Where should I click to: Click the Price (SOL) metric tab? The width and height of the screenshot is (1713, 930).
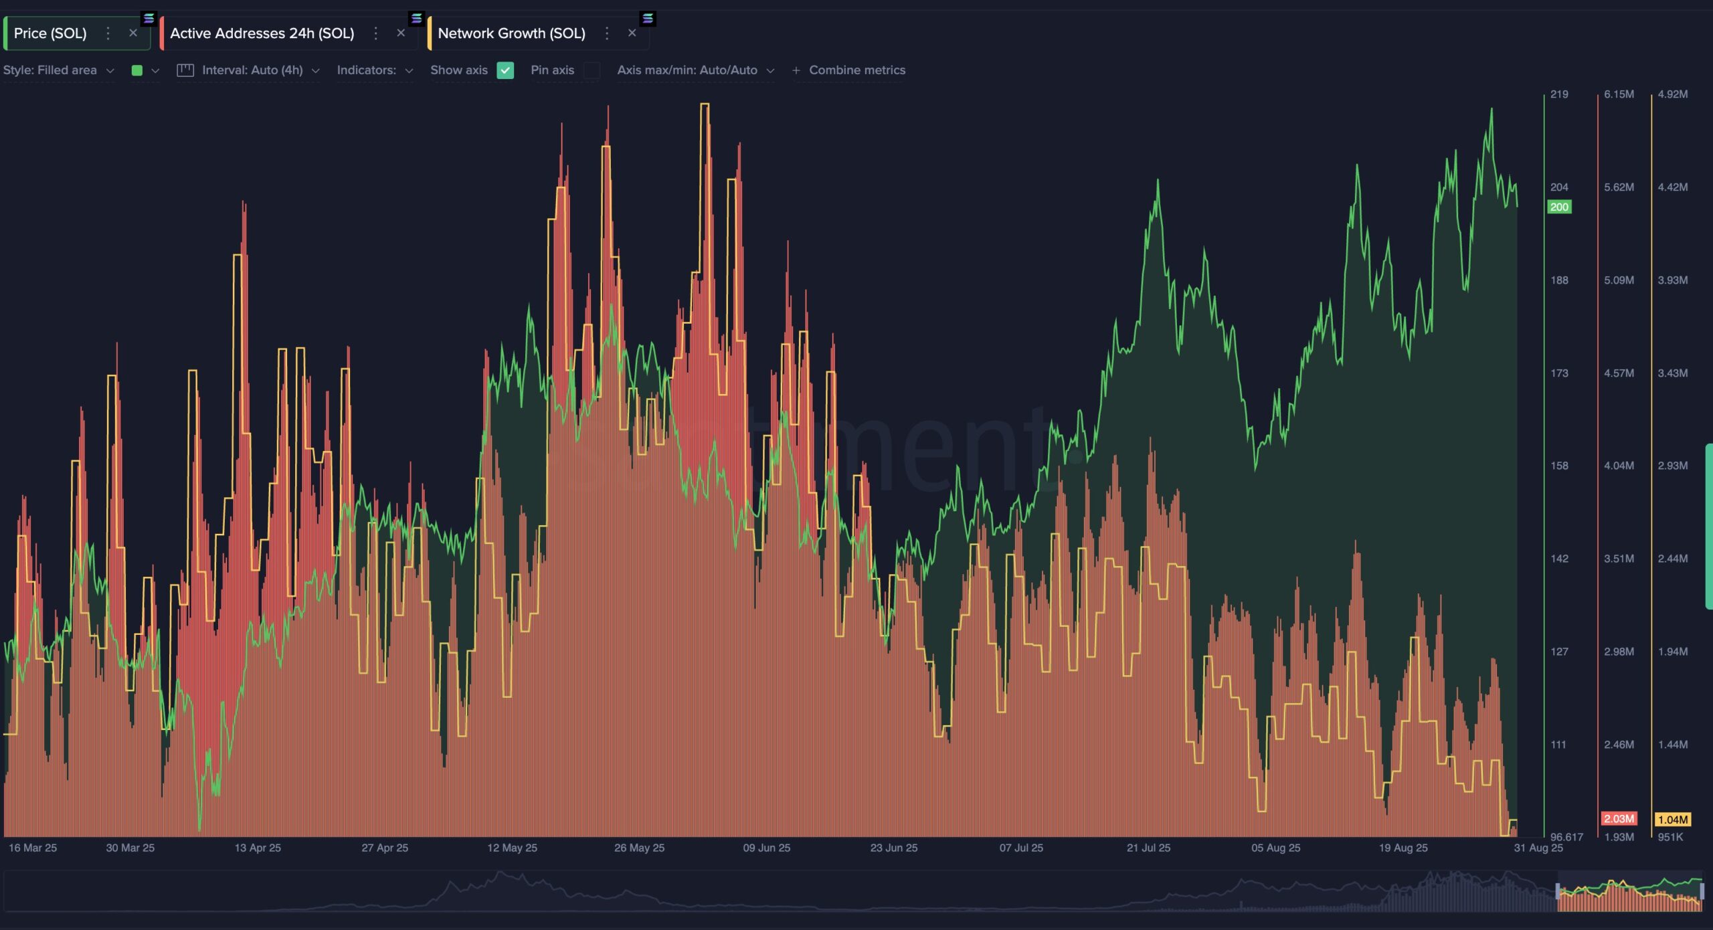click(x=51, y=33)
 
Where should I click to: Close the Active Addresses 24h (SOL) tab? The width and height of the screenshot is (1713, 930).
click(x=401, y=33)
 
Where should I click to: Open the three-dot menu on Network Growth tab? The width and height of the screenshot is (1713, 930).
click(x=607, y=33)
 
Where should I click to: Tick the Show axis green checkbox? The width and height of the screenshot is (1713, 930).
click(x=505, y=70)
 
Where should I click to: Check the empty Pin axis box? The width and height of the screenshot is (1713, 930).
click(x=592, y=70)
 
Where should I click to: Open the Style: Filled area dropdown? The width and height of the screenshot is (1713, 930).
click(x=58, y=70)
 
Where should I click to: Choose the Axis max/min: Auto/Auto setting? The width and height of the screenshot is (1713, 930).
click(x=695, y=70)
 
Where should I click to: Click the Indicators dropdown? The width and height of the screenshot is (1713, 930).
click(x=374, y=70)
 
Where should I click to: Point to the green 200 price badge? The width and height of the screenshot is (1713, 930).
click(x=1559, y=207)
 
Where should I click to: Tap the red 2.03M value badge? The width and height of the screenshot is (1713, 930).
click(x=1619, y=819)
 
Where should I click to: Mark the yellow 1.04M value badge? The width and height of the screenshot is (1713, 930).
click(x=1672, y=820)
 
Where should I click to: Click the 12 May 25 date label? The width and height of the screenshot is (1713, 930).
click(x=512, y=848)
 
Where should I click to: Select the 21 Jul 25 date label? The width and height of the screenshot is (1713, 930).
click(x=1148, y=848)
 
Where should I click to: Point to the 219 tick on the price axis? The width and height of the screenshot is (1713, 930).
click(x=1559, y=94)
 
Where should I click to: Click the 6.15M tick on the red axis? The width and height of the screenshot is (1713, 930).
click(x=1619, y=94)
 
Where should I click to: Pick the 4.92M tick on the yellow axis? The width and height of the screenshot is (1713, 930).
click(x=1672, y=94)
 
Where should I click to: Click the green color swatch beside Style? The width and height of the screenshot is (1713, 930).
click(x=137, y=70)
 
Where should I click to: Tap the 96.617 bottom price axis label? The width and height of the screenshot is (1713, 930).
click(x=1566, y=837)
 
